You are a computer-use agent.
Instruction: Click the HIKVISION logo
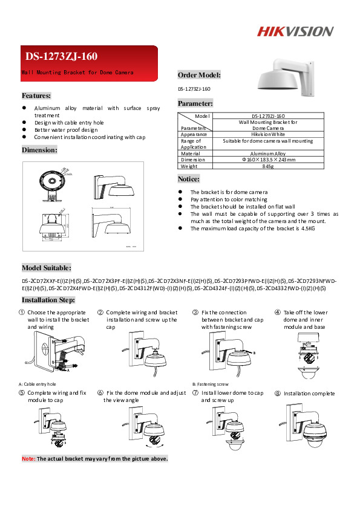(x=296, y=31)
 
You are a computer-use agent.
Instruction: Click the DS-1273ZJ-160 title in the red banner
(x=61, y=57)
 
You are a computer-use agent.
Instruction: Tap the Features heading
(x=36, y=96)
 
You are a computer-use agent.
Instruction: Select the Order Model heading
(x=199, y=76)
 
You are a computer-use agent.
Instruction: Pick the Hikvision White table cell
(x=268, y=134)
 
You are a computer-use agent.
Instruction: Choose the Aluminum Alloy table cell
(x=268, y=154)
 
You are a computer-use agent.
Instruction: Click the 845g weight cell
(x=268, y=166)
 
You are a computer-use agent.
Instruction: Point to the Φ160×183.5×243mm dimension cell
(x=268, y=160)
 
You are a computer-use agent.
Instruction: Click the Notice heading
(x=189, y=179)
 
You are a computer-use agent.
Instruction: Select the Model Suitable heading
(x=47, y=268)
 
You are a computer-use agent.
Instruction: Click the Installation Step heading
(x=48, y=300)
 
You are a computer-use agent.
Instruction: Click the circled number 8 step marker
(x=277, y=394)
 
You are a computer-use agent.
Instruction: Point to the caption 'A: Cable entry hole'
(x=38, y=384)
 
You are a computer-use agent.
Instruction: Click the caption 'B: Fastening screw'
(x=210, y=384)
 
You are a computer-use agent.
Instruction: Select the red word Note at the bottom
(x=28, y=459)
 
